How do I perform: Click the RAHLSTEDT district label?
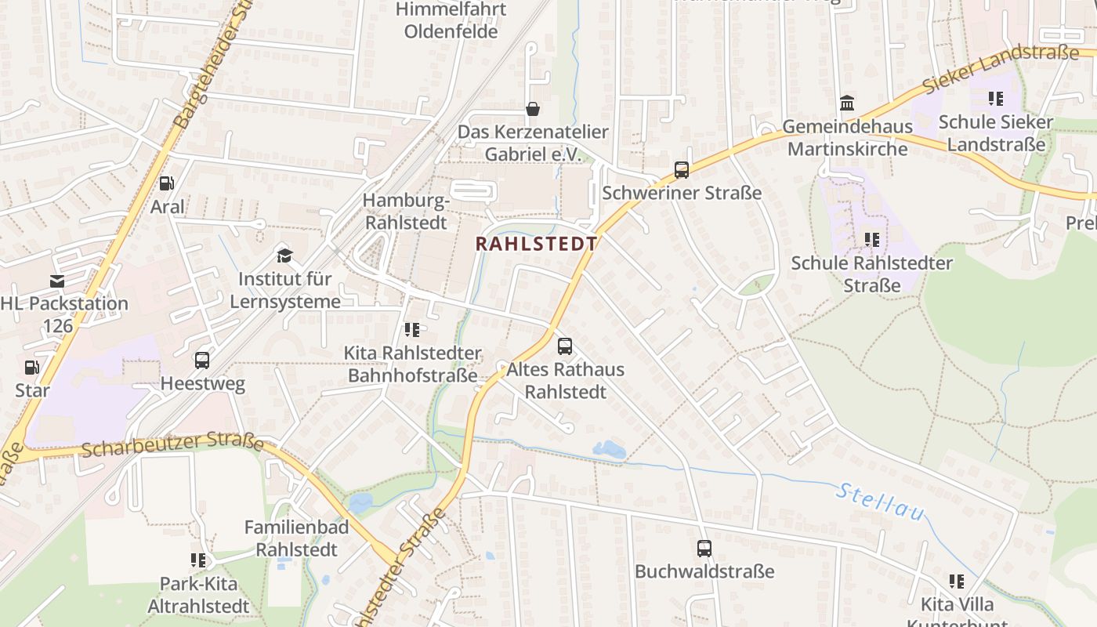click(x=536, y=244)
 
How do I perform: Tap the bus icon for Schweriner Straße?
click(x=681, y=170)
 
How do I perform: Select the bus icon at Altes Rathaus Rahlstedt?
click(x=564, y=346)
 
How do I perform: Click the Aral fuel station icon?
click(x=166, y=183)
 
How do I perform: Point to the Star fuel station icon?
click(x=31, y=367)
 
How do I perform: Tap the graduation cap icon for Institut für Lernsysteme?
click(x=284, y=256)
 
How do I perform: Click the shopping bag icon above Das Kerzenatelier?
click(x=533, y=108)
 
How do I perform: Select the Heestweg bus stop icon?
click(x=201, y=361)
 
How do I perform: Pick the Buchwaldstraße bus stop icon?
click(x=704, y=549)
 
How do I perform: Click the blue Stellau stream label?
click(x=881, y=502)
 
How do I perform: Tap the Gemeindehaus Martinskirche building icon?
click(x=846, y=103)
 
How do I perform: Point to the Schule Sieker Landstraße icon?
click(x=995, y=99)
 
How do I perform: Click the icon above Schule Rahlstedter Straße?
click(x=871, y=239)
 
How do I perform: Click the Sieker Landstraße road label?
click(x=1001, y=68)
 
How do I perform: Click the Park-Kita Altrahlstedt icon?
click(x=198, y=560)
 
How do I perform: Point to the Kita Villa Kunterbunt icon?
click(x=956, y=581)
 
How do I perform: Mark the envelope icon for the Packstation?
click(x=56, y=281)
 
